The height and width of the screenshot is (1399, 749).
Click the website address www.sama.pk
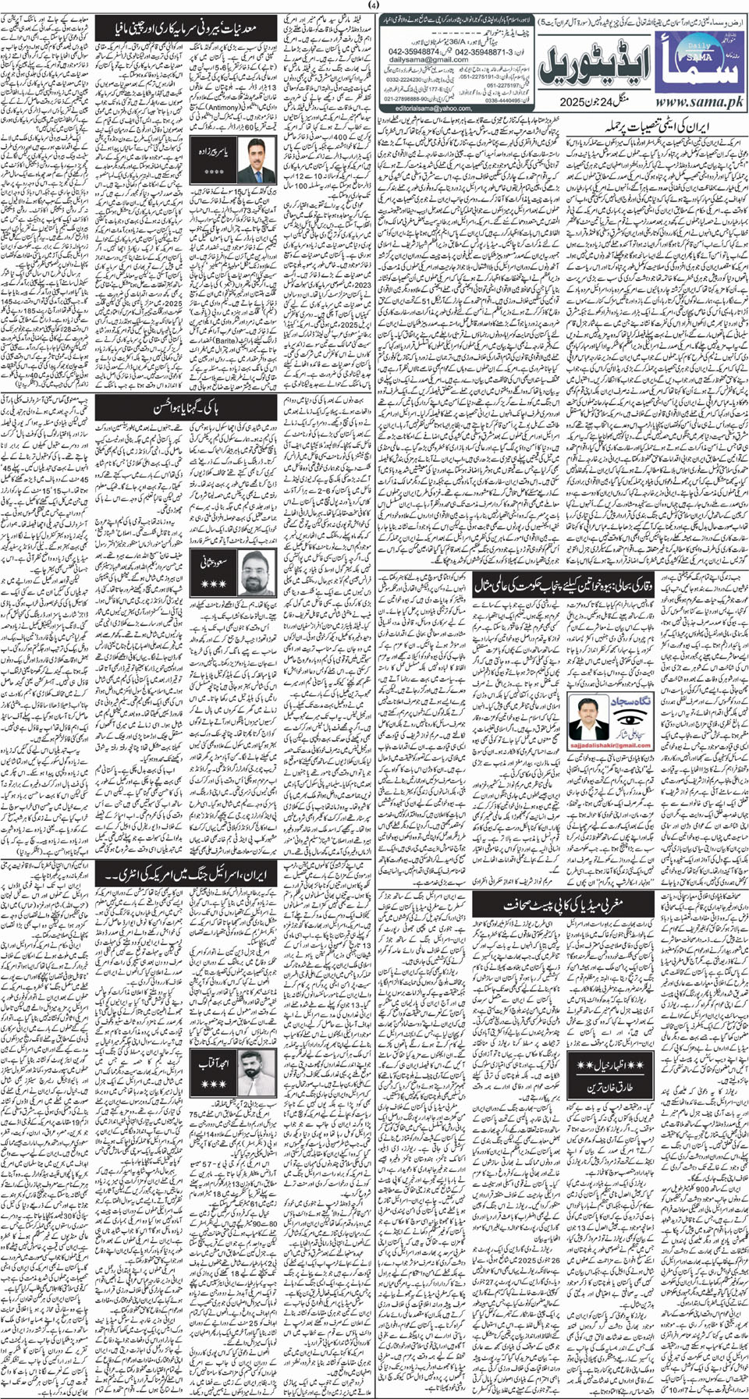698,102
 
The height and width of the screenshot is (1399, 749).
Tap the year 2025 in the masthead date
565,101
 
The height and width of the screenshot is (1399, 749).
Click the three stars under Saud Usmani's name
214,584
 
